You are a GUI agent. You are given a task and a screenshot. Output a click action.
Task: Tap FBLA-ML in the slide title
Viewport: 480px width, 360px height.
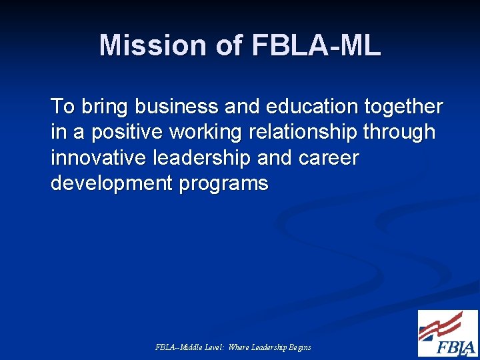(x=316, y=45)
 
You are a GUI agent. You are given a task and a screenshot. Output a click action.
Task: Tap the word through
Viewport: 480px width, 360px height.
(x=399, y=132)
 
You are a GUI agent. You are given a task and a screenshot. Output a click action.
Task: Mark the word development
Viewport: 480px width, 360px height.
(x=112, y=183)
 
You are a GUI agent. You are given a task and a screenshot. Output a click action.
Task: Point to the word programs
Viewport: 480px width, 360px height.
(x=223, y=183)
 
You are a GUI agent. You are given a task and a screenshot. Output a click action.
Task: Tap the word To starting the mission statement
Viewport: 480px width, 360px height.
(x=63, y=106)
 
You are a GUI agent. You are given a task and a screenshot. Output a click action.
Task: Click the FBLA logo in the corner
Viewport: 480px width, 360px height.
(x=447, y=333)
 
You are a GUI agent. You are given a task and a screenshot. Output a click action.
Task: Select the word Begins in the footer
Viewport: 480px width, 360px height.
(x=299, y=347)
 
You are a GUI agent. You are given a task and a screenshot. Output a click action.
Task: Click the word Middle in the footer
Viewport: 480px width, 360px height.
(x=186, y=347)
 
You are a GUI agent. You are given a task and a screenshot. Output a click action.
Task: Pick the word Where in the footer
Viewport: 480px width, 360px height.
(x=238, y=347)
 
